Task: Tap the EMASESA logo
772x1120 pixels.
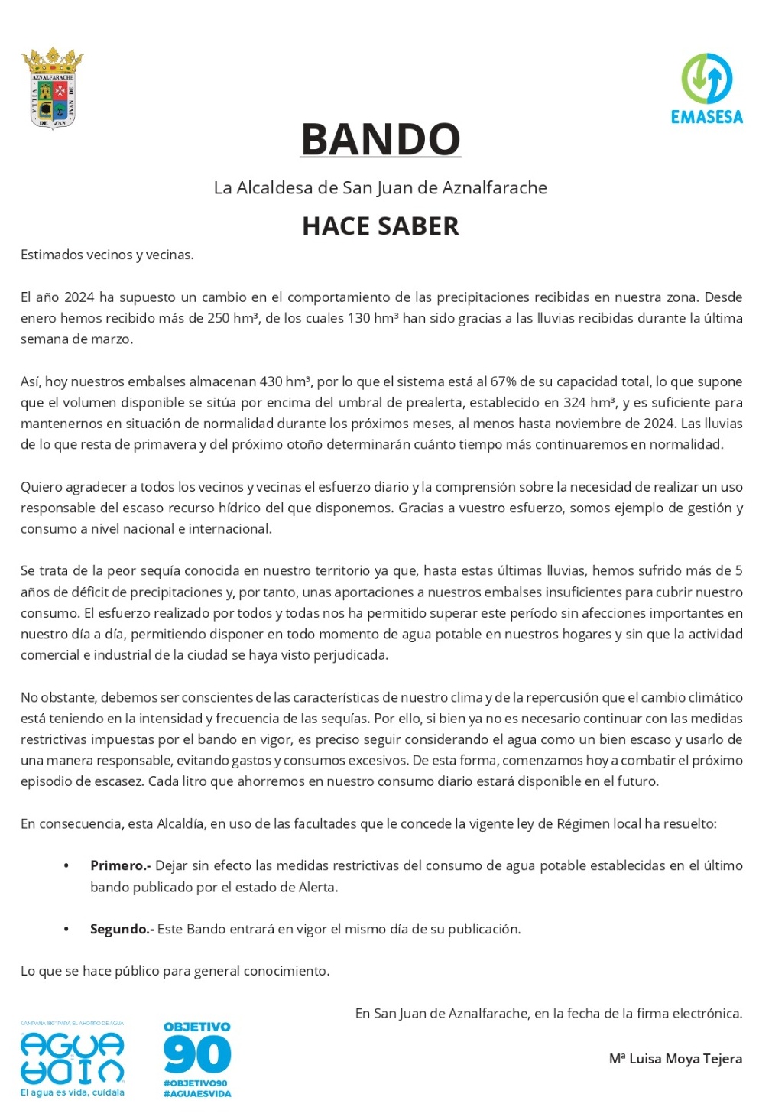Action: click(x=706, y=88)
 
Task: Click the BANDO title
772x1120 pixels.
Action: click(x=381, y=139)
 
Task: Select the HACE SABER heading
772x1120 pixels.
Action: click(x=381, y=226)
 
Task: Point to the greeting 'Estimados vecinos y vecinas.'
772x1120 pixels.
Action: click(x=107, y=255)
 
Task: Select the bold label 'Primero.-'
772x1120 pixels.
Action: click(x=121, y=865)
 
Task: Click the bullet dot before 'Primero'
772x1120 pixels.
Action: click(x=66, y=866)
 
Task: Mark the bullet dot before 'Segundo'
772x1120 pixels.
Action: click(x=66, y=930)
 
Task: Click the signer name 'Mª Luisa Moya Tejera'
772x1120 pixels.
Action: click(x=675, y=1059)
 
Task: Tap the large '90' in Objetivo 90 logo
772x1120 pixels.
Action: click(x=197, y=1056)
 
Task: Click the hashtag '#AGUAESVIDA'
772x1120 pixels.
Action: click(x=197, y=1093)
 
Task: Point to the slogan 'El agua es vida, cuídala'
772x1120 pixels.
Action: click(x=73, y=1092)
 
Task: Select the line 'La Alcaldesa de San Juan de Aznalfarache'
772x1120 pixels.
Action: click(x=381, y=187)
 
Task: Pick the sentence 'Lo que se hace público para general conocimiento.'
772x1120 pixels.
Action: click(x=175, y=971)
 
